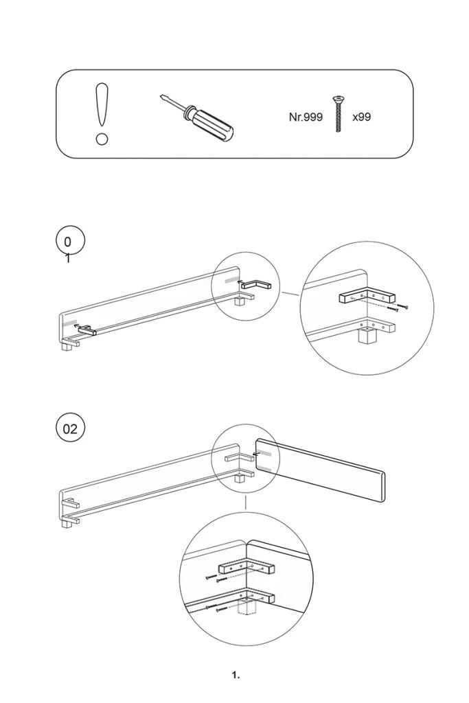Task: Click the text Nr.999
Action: coord(306,117)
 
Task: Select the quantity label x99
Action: coord(361,117)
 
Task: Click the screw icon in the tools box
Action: coord(337,114)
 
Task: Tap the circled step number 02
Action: coord(71,430)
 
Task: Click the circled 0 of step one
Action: coord(68,242)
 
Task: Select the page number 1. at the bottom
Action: coord(236,676)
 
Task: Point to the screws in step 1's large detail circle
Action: coord(397,307)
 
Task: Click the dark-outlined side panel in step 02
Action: coord(320,471)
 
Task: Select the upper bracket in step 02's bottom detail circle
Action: coord(247,568)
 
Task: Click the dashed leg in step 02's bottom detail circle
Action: coord(246,608)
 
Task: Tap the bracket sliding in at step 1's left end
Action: coord(87,331)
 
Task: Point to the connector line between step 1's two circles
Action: coord(291,295)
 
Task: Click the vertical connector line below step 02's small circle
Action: coord(246,503)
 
